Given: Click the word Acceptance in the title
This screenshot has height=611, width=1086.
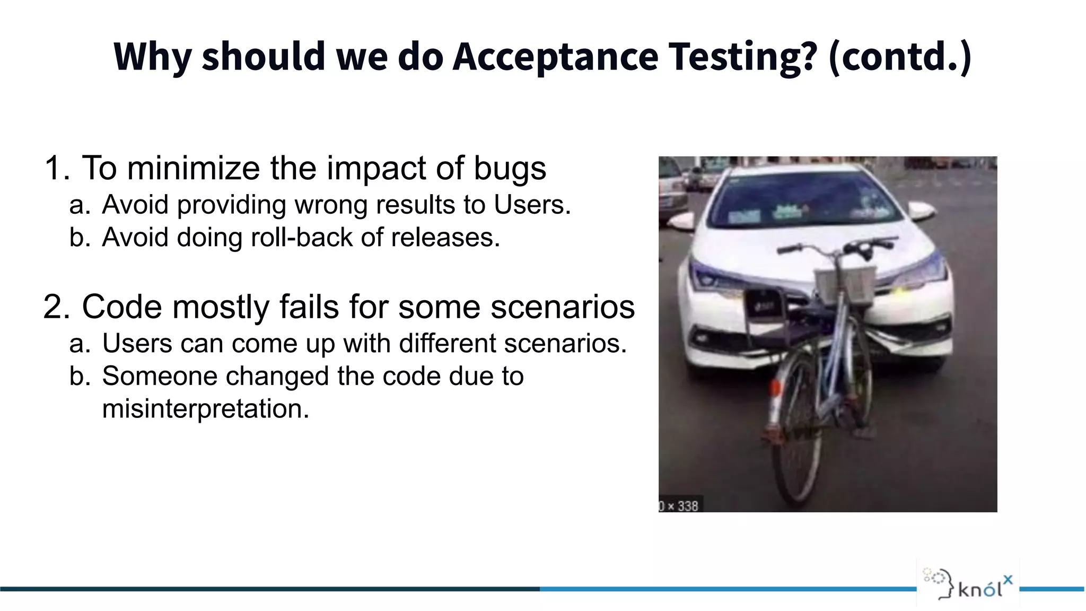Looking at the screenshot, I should point(555,57).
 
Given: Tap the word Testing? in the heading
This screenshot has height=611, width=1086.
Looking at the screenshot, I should point(742,57).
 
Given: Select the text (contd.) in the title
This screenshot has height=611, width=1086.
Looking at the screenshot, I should point(900,57).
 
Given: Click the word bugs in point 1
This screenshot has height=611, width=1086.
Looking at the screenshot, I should point(510,169).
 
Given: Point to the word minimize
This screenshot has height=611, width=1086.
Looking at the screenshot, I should point(194,169).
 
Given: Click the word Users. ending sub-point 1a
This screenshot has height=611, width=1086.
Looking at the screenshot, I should point(532,205).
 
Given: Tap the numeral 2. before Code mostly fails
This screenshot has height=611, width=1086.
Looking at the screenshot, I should point(56,307).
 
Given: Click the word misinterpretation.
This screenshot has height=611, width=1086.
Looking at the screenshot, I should point(205,409).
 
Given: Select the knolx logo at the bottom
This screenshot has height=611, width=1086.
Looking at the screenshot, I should point(968,583).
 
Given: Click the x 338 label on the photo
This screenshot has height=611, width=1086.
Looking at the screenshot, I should point(679,506).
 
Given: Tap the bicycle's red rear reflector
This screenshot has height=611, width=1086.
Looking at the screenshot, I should point(775,387).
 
